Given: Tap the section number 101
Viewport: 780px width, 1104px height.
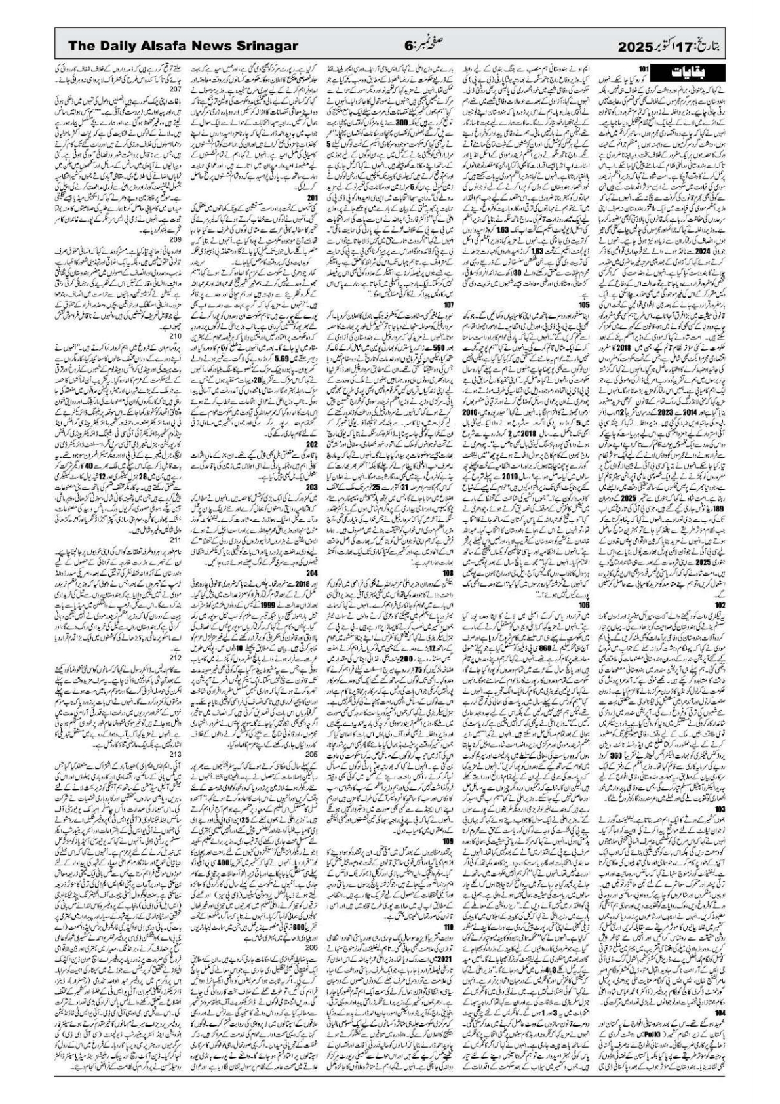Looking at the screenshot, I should click(x=644, y=68).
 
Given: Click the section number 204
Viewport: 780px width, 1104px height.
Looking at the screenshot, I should click(x=313, y=572).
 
